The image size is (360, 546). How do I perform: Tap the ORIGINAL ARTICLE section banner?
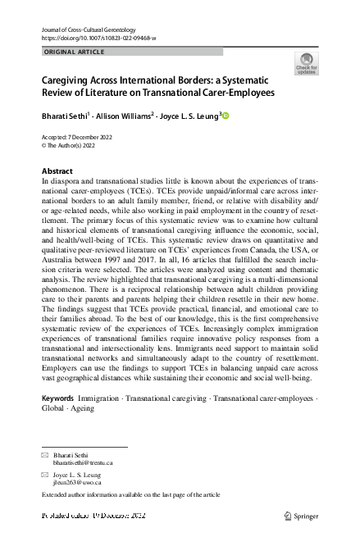pos(73,52)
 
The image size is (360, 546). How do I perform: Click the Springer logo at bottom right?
pos(300,516)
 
